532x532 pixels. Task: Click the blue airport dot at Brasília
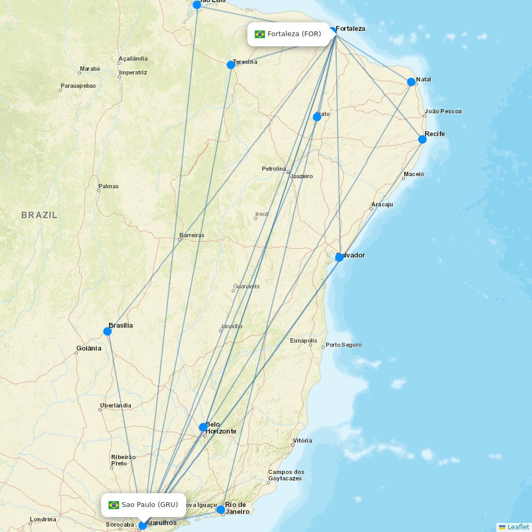click(x=107, y=331)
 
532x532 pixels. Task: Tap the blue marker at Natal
click(x=411, y=82)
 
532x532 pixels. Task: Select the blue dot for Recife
click(x=422, y=139)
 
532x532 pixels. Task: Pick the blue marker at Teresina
click(x=231, y=65)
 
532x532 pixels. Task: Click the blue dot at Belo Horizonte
click(x=203, y=427)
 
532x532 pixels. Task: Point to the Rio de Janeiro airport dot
click(x=221, y=510)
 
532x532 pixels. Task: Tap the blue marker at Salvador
click(x=339, y=257)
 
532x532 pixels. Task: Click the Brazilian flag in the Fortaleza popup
click(x=260, y=34)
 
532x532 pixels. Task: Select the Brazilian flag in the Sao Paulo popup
click(x=114, y=505)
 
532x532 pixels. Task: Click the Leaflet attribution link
click(x=518, y=527)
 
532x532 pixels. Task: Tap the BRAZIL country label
click(x=39, y=215)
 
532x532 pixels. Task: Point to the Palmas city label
click(x=109, y=187)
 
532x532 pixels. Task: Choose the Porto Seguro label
click(x=344, y=345)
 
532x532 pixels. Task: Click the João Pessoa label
click(x=443, y=112)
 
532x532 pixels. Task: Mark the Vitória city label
click(x=302, y=441)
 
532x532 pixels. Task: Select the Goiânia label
click(x=88, y=348)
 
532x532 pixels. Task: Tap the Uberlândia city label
click(x=115, y=406)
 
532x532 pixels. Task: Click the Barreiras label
click(x=192, y=236)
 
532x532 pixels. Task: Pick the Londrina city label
click(x=43, y=520)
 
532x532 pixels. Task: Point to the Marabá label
click(x=89, y=69)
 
